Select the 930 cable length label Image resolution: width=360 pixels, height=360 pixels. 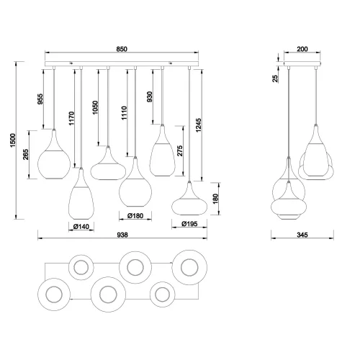click(x=150, y=97)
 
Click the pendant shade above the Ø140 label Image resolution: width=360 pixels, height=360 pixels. click(x=82, y=201)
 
